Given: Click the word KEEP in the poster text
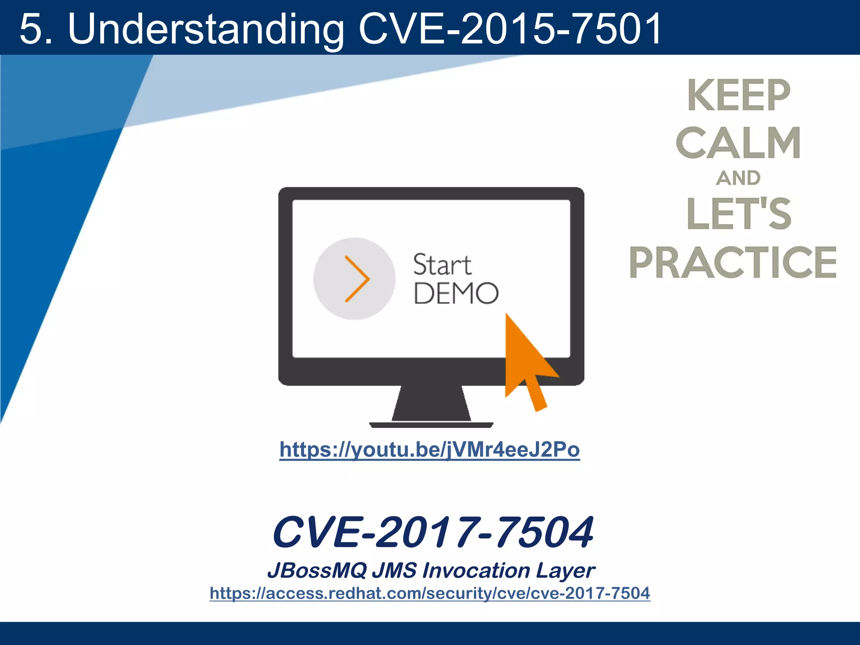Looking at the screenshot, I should (x=739, y=96).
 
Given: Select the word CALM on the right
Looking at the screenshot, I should (x=738, y=143).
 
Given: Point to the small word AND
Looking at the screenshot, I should (x=738, y=178).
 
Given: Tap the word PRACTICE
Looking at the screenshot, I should (x=733, y=263).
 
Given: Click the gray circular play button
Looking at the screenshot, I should (x=354, y=278).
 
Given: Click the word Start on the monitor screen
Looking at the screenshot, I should (x=442, y=265).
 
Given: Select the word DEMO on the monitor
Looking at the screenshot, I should (x=456, y=293).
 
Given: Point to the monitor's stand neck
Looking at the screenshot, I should (x=431, y=403).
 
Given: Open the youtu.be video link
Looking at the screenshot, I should (x=430, y=450).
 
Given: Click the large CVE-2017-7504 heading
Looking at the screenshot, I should (x=433, y=532).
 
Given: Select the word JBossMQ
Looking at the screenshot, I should (x=317, y=570).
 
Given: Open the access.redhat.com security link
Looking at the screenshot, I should (x=430, y=593).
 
